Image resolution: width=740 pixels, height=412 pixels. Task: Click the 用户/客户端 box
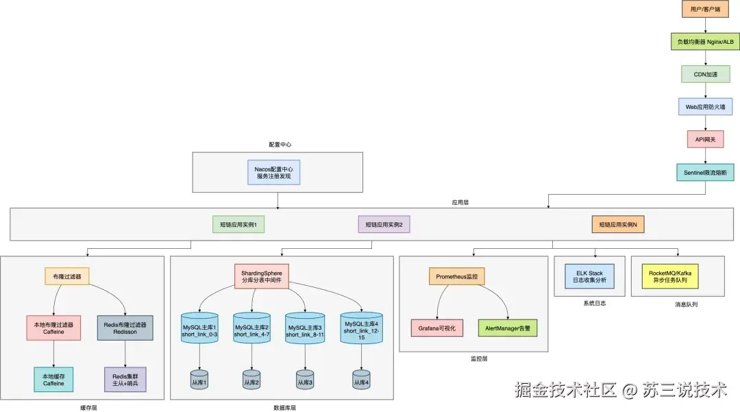click(705, 10)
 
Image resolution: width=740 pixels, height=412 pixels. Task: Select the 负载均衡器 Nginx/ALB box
click(705, 42)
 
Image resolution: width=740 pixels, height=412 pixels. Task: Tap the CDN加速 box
click(705, 74)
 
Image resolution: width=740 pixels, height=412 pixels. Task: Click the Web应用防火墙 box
click(705, 106)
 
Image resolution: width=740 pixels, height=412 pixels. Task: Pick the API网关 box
click(705, 139)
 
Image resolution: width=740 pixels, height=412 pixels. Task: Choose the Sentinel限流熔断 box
click(705, 171)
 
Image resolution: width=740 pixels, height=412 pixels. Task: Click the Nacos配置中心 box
click(273, 172)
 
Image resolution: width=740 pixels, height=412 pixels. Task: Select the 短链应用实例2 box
click(384, 224)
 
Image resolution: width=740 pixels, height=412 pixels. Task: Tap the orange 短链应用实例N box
click(618, 224)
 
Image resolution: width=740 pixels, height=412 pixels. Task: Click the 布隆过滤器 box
click(66, 277)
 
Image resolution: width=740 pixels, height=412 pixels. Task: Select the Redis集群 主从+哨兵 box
click(125, 378)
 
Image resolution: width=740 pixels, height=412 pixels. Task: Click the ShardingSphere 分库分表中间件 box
click(261, 276)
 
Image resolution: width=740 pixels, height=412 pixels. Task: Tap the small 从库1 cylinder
click(199, 381)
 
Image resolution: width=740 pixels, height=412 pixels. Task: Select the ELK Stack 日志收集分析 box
click(590, 276)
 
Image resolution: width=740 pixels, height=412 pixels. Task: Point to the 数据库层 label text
click(284, 407)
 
